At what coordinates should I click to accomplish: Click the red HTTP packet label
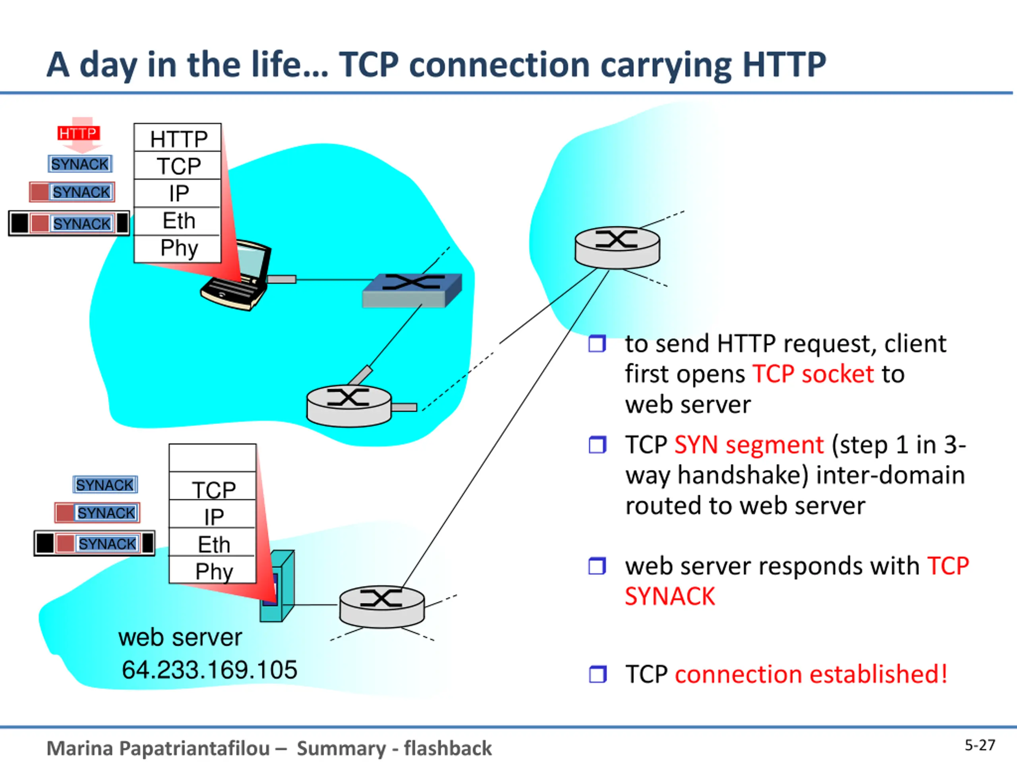79,133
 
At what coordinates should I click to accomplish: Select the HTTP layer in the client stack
178,138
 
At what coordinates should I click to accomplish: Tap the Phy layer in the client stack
178,248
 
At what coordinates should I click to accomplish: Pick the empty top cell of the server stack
213,458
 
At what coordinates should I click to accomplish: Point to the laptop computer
236,275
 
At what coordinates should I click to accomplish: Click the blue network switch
412,290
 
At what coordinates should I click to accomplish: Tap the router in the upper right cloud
617,248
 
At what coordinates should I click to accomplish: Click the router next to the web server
382,606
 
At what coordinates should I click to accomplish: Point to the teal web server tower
277,586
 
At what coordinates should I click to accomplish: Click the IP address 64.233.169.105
210,670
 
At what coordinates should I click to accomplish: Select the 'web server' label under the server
180,637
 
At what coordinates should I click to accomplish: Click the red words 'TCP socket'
813,374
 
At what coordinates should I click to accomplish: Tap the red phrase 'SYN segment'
749,445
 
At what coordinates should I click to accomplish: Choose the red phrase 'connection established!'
811,674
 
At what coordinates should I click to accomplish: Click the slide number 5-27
980,745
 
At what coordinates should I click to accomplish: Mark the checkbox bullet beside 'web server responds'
597,566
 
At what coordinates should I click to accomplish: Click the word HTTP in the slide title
784,64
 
